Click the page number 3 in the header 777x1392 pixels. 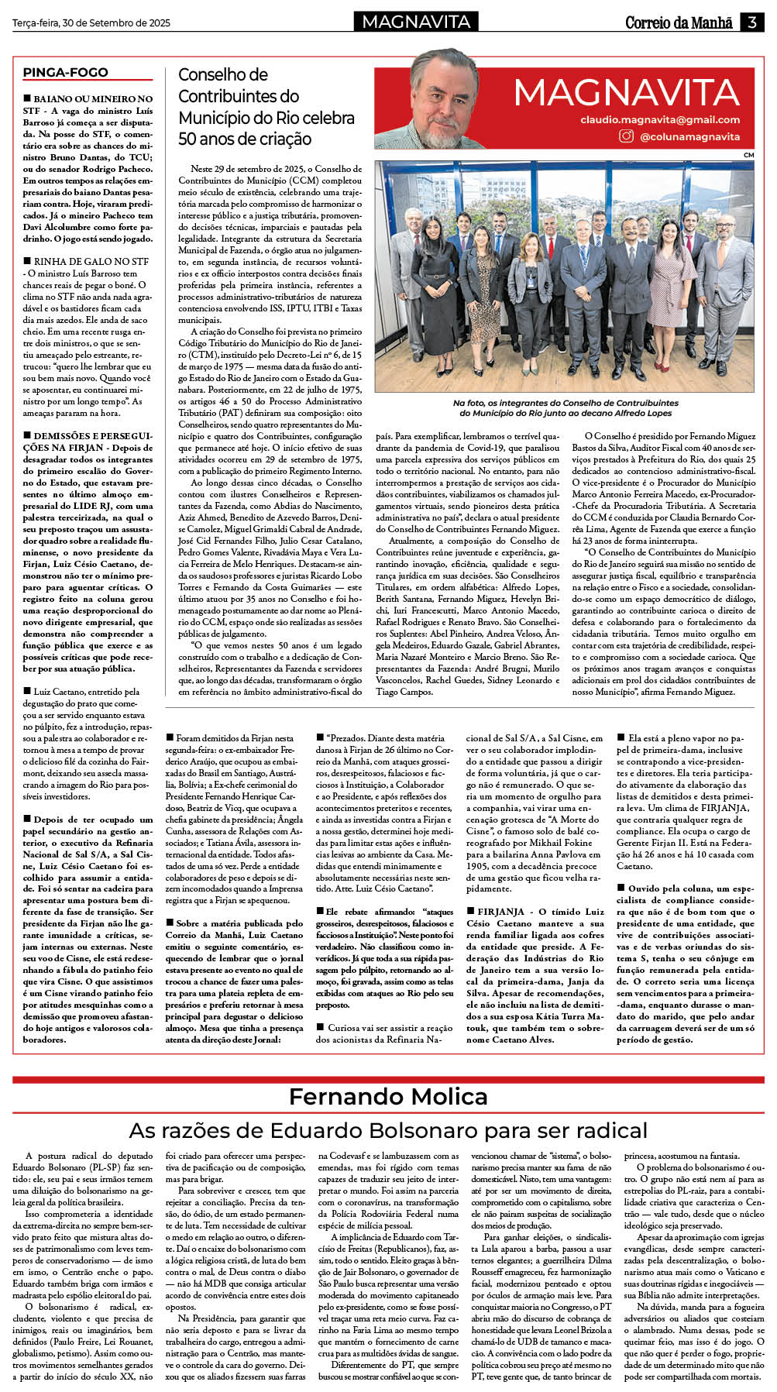click(x=751, y=22)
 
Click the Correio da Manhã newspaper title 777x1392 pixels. click(x=679, y=22)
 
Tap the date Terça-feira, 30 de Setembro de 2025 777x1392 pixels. click(x=91, y=23)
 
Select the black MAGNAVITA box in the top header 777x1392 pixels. click(x=416, y=22)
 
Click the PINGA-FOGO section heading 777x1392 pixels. click(x=65, y=73)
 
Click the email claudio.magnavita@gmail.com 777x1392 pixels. click(x=660, y=120)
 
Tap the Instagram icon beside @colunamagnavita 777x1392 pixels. click(x=626, y=136)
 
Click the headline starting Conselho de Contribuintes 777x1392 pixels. click(x=266, y=107)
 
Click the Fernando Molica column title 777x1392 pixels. click(x=388, y=1097)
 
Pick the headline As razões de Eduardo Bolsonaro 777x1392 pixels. click(x=388, y=1130)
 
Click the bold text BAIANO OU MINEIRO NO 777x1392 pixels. click(x=93, y=99)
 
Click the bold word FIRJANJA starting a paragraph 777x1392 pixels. click(x=501, y=912)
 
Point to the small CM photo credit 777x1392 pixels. click(x=748, y=155)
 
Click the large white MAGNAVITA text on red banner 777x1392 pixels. click(x=626, y=94)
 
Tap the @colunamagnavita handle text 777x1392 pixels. click(x=689, y=137)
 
